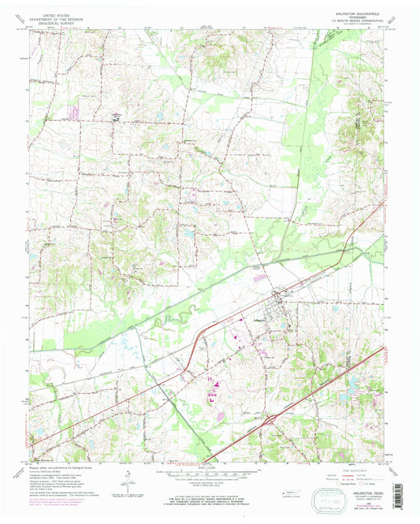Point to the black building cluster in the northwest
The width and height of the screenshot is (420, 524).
click(x=117, y=120)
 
